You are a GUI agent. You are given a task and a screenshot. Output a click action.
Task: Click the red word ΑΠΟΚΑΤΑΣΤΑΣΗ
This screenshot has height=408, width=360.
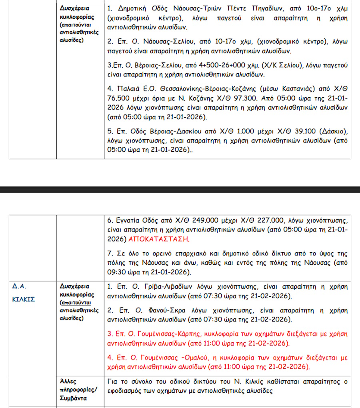pyautogui.click(x=160, y=239)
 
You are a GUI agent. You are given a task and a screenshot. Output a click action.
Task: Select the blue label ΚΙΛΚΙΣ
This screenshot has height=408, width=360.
pyautogui.click(x=24, y=299)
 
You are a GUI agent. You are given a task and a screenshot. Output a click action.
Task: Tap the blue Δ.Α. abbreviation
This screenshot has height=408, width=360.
pyautogui.click(x=19, y=286)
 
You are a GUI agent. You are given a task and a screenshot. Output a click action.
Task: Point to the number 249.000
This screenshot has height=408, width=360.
pyautogui.click(x=206, y=221)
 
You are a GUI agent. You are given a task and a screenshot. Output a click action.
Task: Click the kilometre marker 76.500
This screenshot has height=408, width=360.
pyautogui.click(x=120, y=98)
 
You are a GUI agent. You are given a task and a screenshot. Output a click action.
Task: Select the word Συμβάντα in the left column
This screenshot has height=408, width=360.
pyautogui.click(x=73, y=399)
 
